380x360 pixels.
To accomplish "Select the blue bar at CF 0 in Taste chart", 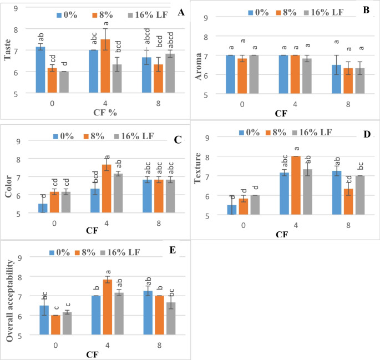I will [x=40, y=70].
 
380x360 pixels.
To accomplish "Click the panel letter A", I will [x=180, y=12].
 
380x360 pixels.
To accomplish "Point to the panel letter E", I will [x=173, y=250].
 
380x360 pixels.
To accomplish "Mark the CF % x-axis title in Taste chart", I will [x=100, y=110].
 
